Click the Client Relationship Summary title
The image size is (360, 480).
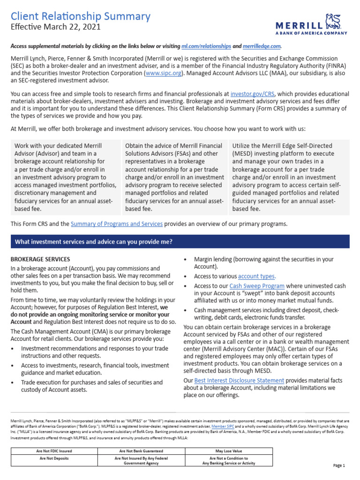[80, 16]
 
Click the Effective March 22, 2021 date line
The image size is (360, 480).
[56, 27]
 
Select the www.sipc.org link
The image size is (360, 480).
[163, 73]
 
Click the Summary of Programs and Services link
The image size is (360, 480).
[117, 224]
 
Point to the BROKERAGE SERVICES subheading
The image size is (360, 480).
[40, 259]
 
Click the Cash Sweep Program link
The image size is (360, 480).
[257, 286]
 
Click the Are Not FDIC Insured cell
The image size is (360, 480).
[54, 451]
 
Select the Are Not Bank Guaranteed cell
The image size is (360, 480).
[141, 451]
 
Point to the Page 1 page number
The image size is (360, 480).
[339, 465]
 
